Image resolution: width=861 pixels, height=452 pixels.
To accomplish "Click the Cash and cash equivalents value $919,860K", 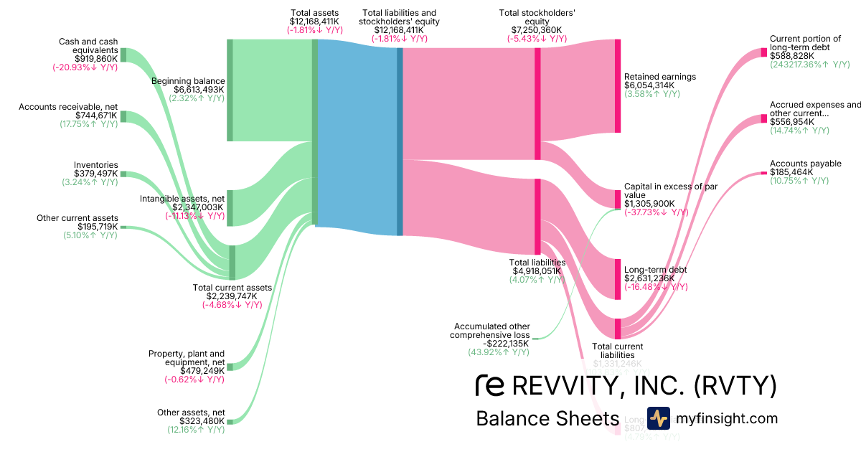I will coord(96,59).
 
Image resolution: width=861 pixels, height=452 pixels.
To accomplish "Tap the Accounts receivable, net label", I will coord(68,106).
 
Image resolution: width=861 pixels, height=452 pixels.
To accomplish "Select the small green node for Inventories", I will coord(123,174).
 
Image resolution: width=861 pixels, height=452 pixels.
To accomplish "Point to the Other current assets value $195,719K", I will coord(98,227).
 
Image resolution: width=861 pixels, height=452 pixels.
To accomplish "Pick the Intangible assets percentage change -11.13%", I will coord(194,215).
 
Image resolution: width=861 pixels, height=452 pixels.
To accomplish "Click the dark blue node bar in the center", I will coord(400,141).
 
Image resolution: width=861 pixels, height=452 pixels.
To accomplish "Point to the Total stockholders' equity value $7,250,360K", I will coord(537,30).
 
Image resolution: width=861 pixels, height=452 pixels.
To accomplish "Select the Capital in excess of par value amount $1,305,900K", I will coord(649,204).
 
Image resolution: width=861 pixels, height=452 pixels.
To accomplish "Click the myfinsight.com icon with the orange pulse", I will coord(658,418).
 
